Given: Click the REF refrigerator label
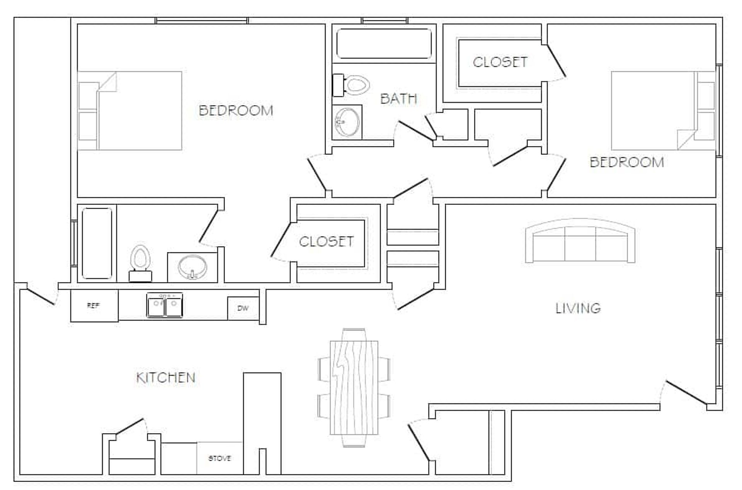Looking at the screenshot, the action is click(x=93, y=305).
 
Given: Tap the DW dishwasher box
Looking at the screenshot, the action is click(x=243, y=308).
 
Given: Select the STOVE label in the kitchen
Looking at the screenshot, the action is click(x=220, y=458).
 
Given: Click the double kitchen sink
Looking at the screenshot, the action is click(x=165, y=305).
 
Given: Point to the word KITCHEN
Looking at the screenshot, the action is click(x=166, y=378).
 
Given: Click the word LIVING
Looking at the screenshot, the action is click(x=578, y=308).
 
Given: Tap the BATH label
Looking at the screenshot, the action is click(x=399, y=99).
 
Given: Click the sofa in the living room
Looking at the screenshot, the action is click(x=580, y=241).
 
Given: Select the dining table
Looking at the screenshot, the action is click(x=354, y=388).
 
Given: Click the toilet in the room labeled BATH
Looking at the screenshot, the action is click(x=351, y=85).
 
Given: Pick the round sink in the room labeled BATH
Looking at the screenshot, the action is click(x=347, y=122).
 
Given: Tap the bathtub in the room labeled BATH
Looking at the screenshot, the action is click(x=384, y=44).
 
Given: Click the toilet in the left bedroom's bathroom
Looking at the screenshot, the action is click(x=140, y=263).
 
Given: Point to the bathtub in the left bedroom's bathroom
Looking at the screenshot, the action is click(x=97, y=243).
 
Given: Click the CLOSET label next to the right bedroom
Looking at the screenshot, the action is click(x=500, y=62).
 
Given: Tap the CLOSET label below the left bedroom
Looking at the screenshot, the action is click(x=326, y=242).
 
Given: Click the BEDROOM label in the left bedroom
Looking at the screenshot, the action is click(x=236, y=111).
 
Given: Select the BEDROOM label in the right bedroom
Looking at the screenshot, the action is click(x=627, y=162).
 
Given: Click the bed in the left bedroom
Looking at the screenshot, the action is click(x=130, y=111).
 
